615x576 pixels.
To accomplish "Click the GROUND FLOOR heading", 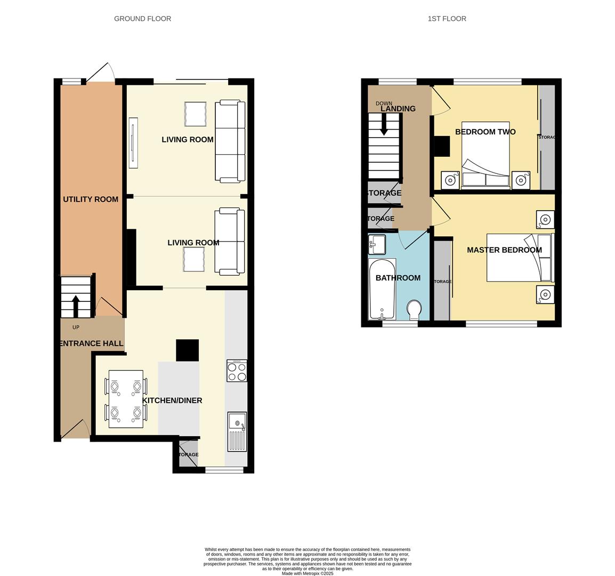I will click(142, 19).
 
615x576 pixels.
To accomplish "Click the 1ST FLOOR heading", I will click(447, 19).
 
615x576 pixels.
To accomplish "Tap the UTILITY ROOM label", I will click(91, 199).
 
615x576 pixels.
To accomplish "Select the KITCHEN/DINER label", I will click(172, 401).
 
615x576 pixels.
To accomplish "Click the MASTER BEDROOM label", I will click(504, 250).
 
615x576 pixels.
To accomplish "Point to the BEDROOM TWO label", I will click(485, 132).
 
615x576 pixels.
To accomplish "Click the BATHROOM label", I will click(398, 278).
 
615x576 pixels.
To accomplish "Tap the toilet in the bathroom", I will click(414, 310).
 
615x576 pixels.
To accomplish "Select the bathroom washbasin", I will click(377, 245).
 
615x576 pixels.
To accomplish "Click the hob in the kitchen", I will click(237, 371).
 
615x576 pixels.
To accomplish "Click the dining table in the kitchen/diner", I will click(126, 399).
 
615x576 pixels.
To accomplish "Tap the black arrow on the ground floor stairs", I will click(75, 306).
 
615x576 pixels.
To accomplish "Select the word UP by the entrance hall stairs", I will click(76, 327).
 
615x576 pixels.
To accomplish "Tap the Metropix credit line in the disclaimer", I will click(308, 574).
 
